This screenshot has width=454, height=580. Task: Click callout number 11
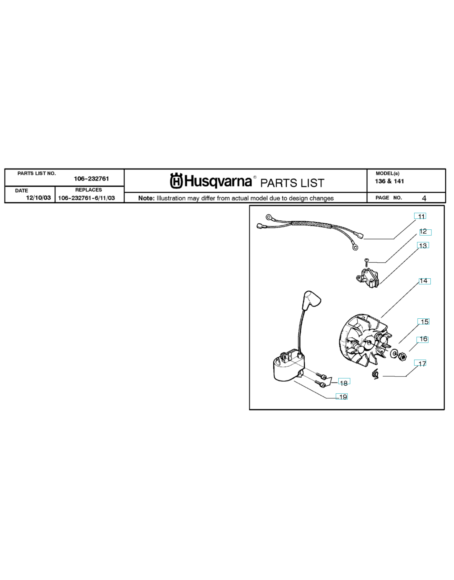[421, 216]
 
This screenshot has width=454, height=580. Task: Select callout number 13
[423, 246]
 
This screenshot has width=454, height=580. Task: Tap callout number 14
[423, 281]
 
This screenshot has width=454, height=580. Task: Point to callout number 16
[423, 339]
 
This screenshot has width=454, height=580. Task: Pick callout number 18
[344, 383]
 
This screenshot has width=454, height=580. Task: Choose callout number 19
[343, 397]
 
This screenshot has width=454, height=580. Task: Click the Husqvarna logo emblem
[176, 181]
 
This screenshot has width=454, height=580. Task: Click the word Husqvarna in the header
[218, 181]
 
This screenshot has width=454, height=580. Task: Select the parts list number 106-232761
[91, 179]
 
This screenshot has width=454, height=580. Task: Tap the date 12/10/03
[38, 198]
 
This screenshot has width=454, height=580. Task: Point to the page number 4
[424, 198]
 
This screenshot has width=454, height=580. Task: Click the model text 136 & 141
[389, 181]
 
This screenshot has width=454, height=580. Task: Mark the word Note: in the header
[146, 198]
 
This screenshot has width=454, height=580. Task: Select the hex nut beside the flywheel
[402, 356]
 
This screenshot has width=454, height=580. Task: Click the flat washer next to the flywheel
[394, 353]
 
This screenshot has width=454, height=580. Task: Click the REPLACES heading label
[88, 190]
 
